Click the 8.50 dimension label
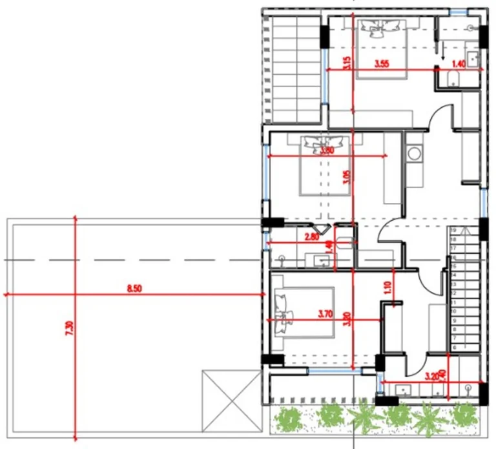pyautogui.click(x=134, y=289)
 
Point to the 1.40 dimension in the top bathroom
pyautogui.click(x=459, y=63)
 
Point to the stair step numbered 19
pyautogui.click(x=454, y=230)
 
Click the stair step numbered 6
pyautogui.click(x=454, y=347)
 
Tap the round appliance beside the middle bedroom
pyautogui.click(x=413, y=155)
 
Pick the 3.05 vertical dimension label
pyautogui.click(x=347, y=177)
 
